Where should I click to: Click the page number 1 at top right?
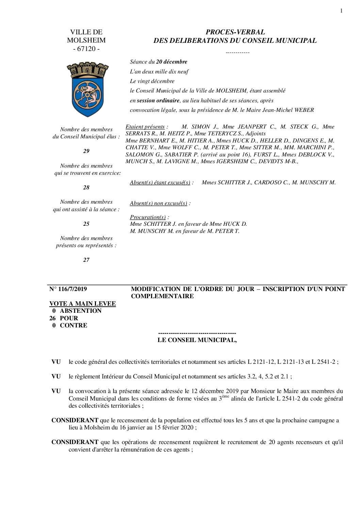(341, 11)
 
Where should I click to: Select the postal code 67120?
(86, 49)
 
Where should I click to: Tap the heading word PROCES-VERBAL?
(235, 32)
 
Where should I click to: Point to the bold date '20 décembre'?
(171, 62)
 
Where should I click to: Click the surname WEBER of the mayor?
(304, 110)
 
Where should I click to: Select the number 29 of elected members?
(86, 151)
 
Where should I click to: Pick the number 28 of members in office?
(86, 187)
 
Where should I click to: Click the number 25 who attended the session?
(86, 224)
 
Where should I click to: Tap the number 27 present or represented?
(86, 260)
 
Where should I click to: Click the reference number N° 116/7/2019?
(68, 289)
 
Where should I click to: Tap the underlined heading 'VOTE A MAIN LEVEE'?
(82, 303)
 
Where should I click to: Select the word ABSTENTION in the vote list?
(81, 311)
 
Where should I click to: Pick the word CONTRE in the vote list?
(73, 325)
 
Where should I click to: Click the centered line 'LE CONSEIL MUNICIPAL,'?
(197, 340)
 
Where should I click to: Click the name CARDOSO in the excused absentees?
(268, 182)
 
